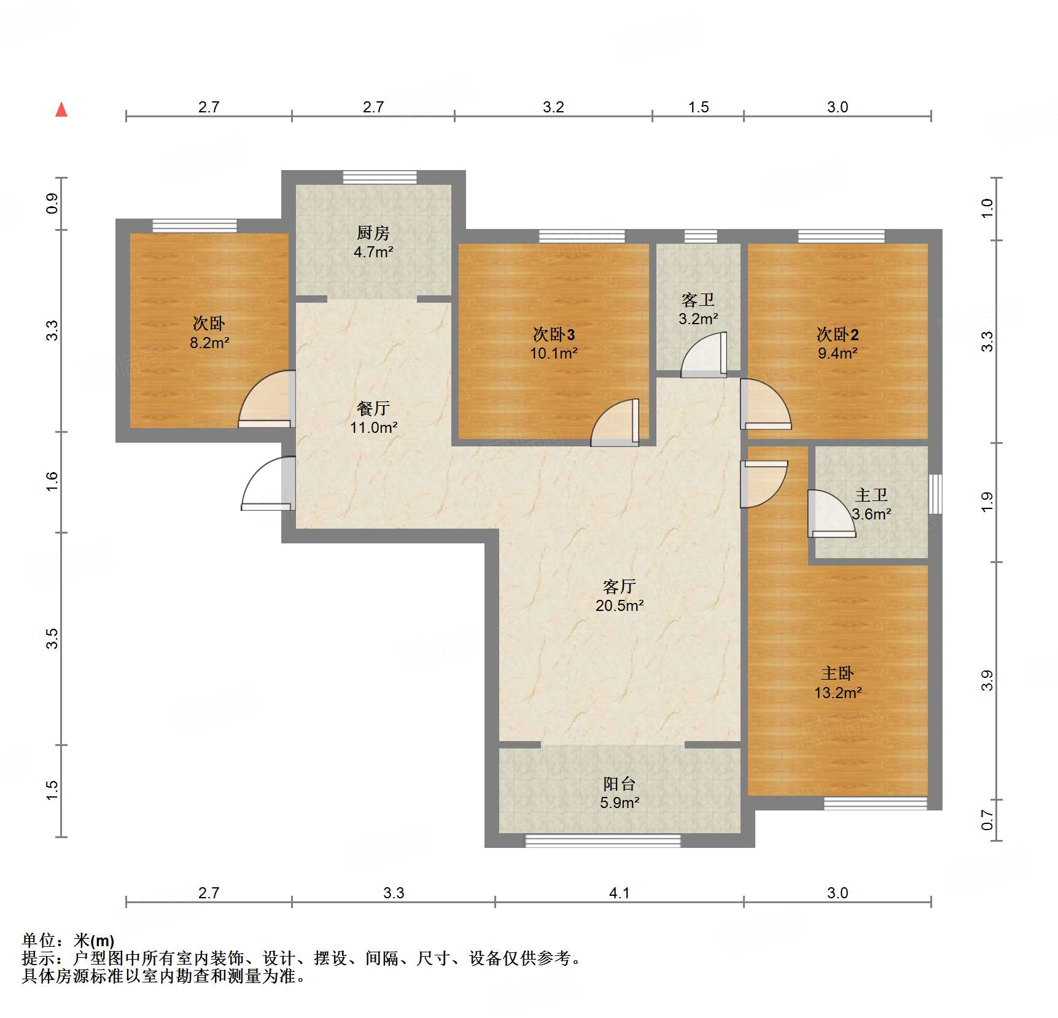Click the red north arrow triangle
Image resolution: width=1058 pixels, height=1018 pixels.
(x=61, y=110)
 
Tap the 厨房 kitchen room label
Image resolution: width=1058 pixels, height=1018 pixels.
(x=373, y=233)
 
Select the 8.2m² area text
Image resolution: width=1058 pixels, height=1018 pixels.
(x=209, y=343)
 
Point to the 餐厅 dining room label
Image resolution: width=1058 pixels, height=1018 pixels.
(x=373, y=408)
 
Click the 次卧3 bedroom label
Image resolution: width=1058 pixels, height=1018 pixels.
(x=553, y=335)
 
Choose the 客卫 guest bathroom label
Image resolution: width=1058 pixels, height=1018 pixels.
(x=698, y=300)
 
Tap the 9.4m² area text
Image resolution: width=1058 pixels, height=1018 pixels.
(x=838, y=353)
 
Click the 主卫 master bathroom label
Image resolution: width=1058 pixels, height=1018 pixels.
(x=871, y=495)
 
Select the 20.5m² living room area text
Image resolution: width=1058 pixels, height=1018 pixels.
(x=619, y=605)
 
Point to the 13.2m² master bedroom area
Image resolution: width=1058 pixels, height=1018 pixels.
(x=838, y=693)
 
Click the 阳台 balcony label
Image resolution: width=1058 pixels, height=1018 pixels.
(x=619, y=783)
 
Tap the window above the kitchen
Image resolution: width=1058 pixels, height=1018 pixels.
(x=379, y=177)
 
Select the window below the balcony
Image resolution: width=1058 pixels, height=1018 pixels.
(x=602, y=841)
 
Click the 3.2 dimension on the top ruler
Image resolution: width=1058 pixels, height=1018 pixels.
(x=553, y=107)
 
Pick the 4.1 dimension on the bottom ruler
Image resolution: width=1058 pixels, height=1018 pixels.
(x=619, y=893)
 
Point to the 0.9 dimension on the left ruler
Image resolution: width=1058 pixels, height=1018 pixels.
(x=52, y=203)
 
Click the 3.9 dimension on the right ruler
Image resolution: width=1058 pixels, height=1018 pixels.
(x=986, y=680)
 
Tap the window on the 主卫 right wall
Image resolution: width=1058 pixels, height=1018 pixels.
(x=935, y=494)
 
